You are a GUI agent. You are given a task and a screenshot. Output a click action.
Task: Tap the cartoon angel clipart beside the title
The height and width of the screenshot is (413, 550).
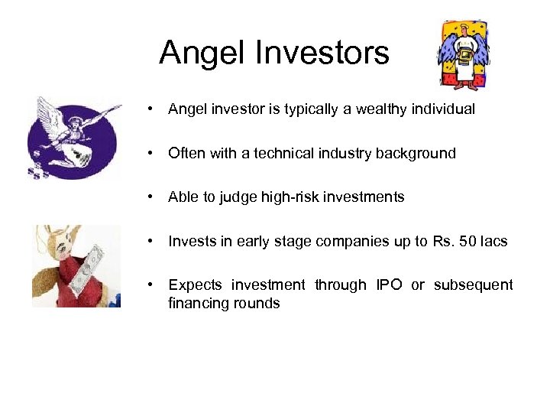(x=463, y=55)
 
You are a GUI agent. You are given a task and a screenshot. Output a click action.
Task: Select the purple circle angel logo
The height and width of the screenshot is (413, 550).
(x=73, y=138)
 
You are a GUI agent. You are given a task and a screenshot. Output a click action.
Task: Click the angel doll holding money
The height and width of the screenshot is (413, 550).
(x=76, y=266)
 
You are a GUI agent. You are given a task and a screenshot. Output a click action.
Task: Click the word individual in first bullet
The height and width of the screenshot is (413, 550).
(x=442, y=109)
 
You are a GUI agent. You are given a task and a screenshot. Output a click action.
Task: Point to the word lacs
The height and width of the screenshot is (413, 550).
(x=493, y=242)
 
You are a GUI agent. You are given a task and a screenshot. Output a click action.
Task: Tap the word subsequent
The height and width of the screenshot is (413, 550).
(x=473, y=285)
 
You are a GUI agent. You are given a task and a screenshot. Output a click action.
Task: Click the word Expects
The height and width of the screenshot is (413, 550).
(x=195, y=285)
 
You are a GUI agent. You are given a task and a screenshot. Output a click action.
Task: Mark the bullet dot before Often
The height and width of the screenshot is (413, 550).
(x=154, y=153)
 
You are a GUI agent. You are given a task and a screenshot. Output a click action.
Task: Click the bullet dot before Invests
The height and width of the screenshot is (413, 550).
(x=154, y=242)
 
